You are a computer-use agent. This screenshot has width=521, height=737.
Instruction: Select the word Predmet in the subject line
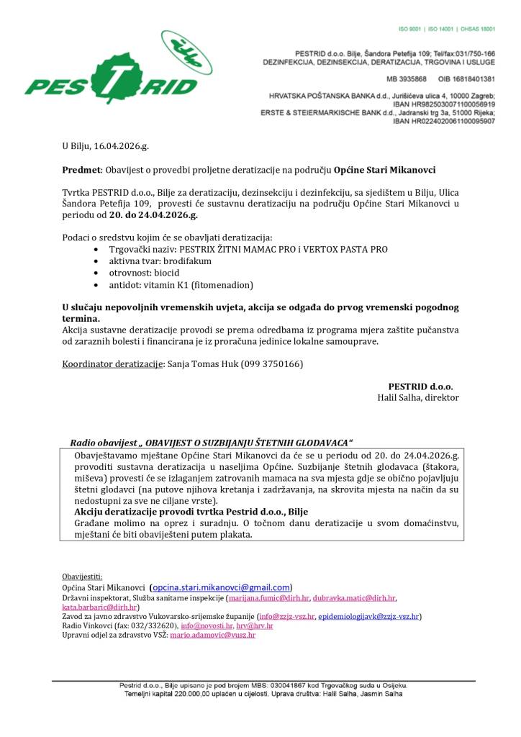[x=81, y=171]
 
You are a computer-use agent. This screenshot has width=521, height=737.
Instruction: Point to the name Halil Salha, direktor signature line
[x=417, y=397]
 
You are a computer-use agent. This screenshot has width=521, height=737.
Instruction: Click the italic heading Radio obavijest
[x=101, y=442]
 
